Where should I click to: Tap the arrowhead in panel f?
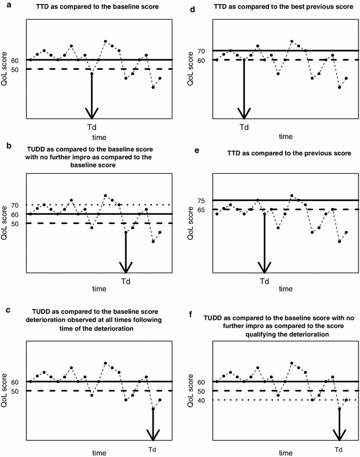tap(339, 433)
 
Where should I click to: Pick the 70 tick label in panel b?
tap(15, 205)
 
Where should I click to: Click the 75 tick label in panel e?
tap(202, 201)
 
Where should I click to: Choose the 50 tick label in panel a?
tap(15, 69)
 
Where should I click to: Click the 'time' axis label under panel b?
tap(99, 289)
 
